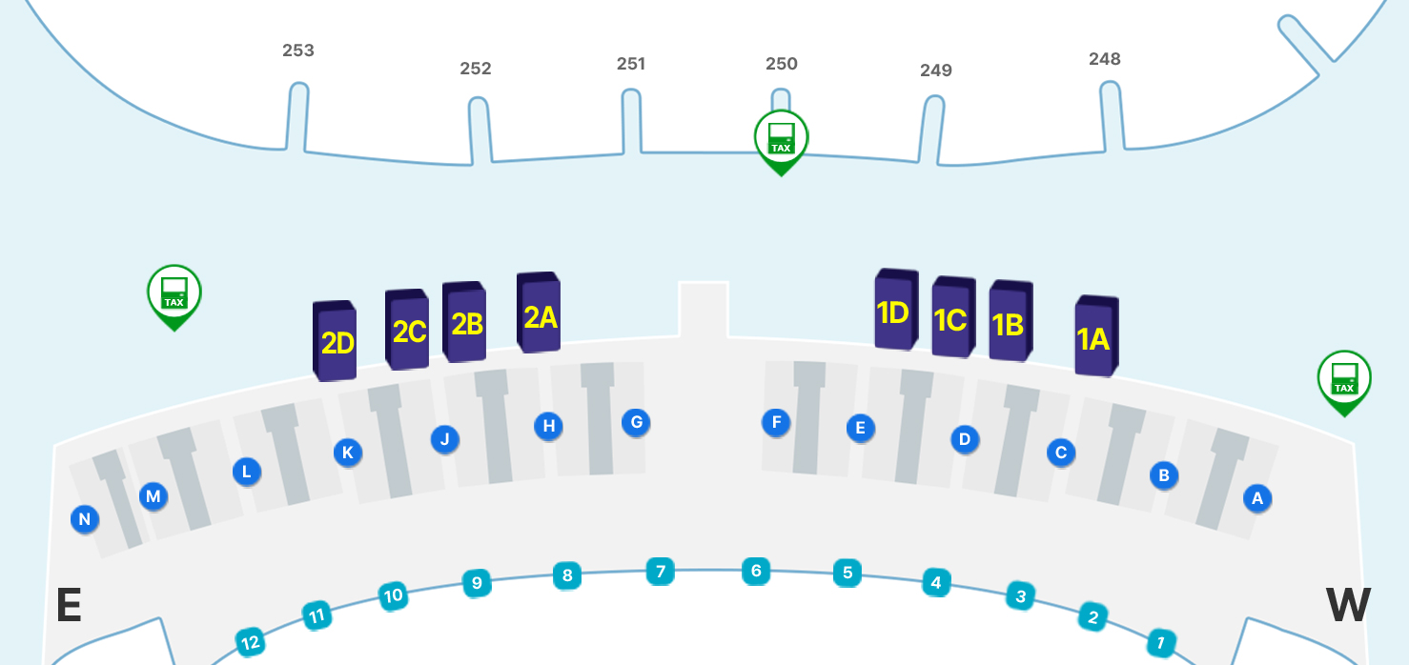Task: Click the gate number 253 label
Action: click(298, 50)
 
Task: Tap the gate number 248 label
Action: click(1105, 59)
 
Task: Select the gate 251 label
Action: click(631, 64)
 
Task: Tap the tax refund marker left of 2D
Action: click(174, 293)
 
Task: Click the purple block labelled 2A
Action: click(539, 313)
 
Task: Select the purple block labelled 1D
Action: click(895, 311)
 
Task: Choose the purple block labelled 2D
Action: click(336, 341)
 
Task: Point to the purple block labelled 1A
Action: click(1095, 336)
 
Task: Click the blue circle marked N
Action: click(85, 519)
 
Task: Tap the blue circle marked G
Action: click(637, 422)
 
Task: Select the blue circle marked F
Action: click(776, 422)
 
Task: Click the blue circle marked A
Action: click(1257, 497)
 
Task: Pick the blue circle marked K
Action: click(348, 453)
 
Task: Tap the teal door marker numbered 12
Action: click(251, 643)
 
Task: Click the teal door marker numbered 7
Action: click(660, 572)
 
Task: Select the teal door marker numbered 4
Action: click(936, 582)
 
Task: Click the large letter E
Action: click(69, 605)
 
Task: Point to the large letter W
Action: click(1348, 605)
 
